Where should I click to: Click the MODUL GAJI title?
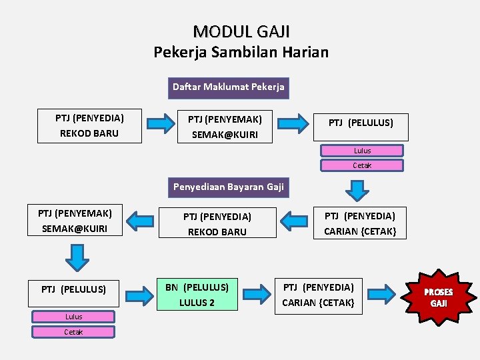tap(241, 31)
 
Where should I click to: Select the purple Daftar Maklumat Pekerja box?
tap(228, 87)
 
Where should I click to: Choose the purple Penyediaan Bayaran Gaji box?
tap(229, 187)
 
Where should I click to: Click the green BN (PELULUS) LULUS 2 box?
tap(197, 295)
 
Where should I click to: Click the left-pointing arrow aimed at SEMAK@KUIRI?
tap(141, 219)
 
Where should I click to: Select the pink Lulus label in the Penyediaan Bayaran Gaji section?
tap(73, 317)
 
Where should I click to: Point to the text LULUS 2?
tap(197, 303)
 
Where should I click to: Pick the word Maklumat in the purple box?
tap(228, 87)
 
